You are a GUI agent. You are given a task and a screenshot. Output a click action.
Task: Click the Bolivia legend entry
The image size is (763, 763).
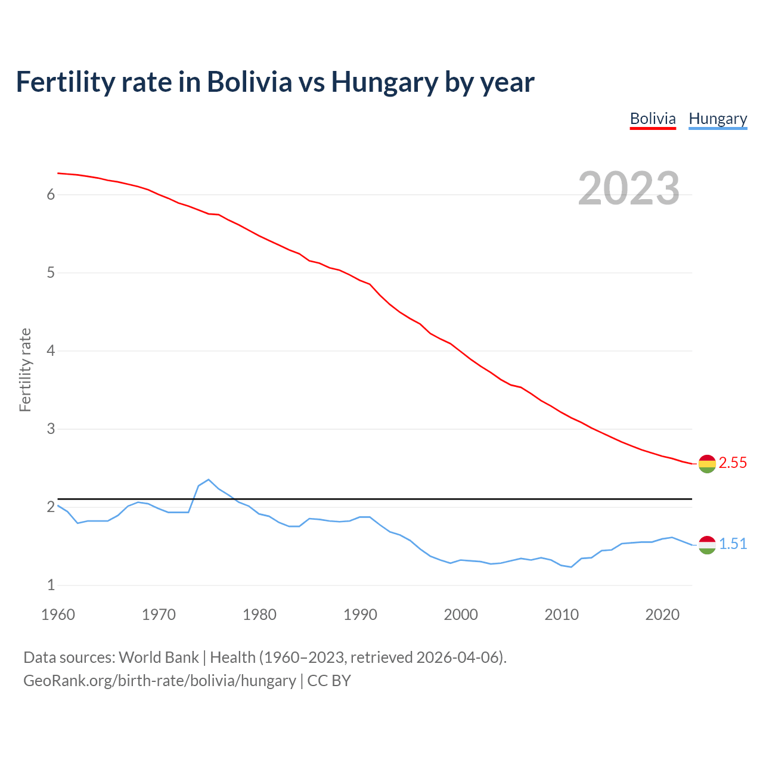[653, 119]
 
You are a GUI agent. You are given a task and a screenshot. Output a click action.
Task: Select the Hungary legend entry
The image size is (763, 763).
[718, 119]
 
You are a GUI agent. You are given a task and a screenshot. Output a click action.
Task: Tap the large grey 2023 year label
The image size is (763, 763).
[629, 188]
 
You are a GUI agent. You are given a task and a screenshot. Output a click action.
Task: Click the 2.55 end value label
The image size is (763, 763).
[733, 463]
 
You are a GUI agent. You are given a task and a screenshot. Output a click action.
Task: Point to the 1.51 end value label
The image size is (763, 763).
[733, 544]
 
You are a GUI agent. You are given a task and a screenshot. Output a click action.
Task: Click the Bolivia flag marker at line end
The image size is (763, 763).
[707, 464]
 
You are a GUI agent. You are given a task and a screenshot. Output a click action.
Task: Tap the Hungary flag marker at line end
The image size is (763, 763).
[707, 545]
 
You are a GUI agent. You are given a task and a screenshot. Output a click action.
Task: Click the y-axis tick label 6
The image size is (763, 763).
[51, 195]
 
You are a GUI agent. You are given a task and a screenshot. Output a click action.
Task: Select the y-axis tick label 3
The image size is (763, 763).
[51, 429]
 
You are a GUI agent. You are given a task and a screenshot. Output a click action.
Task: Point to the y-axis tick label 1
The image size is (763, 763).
[51, 585]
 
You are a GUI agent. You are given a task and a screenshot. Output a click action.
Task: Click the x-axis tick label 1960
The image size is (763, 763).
[58, 615]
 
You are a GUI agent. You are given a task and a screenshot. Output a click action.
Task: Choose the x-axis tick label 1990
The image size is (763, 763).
[360, 615]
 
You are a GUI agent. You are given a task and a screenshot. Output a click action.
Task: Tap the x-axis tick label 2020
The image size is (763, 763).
[662, 615]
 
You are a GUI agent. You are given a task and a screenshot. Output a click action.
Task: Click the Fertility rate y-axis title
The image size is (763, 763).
[25, 370]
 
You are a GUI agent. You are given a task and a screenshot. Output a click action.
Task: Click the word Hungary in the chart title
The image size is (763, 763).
[385, 82]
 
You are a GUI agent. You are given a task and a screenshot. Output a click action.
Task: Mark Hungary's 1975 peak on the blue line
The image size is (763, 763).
[209, 479]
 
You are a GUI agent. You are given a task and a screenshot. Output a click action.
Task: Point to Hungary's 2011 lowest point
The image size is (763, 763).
[571, 567]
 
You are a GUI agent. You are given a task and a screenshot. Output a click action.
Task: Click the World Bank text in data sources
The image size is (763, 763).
[159, 657]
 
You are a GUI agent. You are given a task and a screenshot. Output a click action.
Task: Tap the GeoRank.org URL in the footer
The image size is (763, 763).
[160, 681]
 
